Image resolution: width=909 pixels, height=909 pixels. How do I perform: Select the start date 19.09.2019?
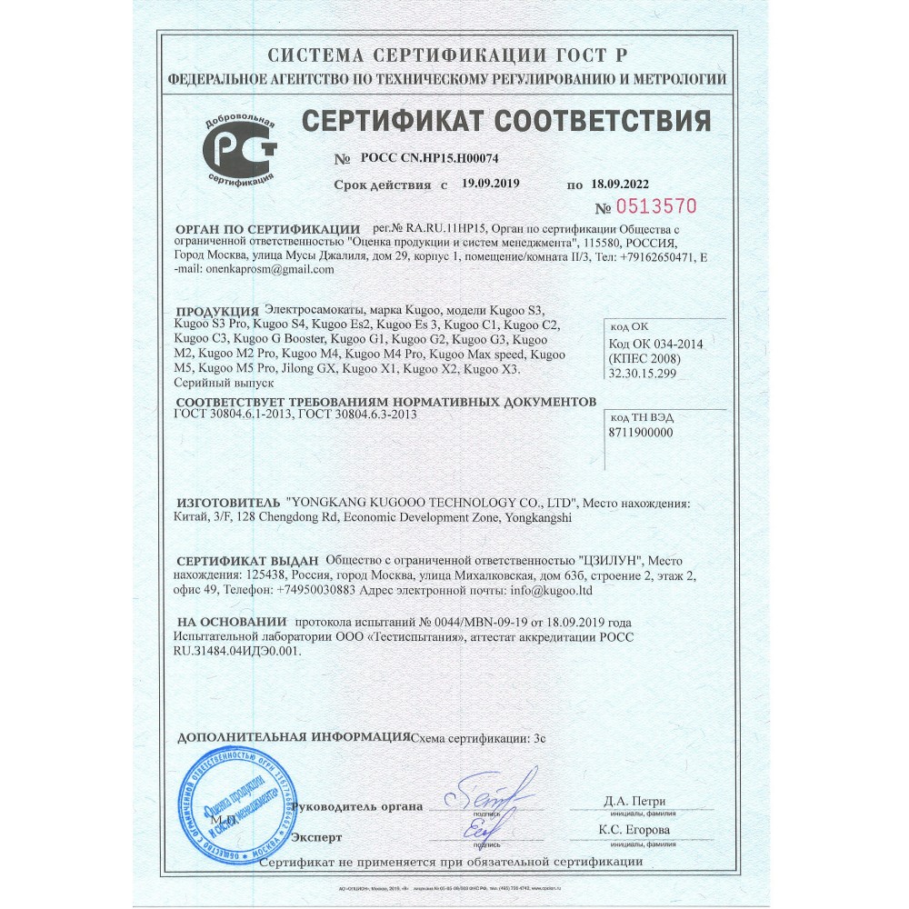(x=490, y=184)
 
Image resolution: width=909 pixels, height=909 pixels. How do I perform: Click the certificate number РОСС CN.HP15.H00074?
(x=424, y=158)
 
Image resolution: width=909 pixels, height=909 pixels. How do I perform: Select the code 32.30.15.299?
(x=643, y=371)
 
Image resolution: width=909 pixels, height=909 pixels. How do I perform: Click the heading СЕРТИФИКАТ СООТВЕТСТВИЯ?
(x=505, y=119)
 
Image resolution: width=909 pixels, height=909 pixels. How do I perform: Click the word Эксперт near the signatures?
(x=317, y=836)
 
